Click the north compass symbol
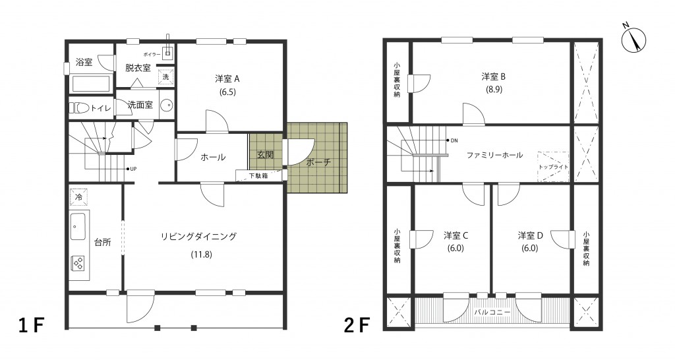pos(633,40)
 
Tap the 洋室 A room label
pos(227,79)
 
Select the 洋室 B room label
pos(493,76)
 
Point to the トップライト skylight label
pos(553,167)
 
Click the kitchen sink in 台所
pos(78,227)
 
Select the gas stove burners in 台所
pos(79,262)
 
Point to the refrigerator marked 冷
pos(79,198)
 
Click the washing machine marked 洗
pos(166,76)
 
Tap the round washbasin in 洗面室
pos(166,105)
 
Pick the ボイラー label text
pos(152,54)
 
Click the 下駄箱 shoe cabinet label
pos(258,175)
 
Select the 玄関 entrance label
pos(265,154)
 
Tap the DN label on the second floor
pos(454,140)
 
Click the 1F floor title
pos(32,326)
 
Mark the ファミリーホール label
pos(494,155)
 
